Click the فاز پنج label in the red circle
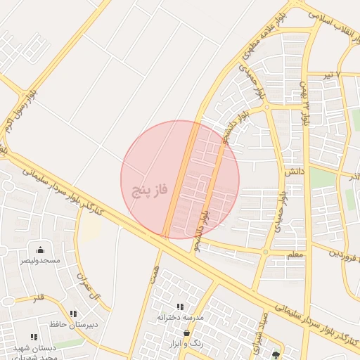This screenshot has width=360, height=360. coord(150,191)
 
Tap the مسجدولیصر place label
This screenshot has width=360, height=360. coord(40,261)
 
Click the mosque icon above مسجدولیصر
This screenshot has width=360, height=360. coord(40,250)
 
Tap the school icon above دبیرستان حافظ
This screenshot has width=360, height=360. coord(74,314)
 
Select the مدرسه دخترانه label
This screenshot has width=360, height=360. coord(180,318)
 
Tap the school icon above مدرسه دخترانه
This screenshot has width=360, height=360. coord(180,307)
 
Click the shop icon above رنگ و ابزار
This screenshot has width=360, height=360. coord(186,333)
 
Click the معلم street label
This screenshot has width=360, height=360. coord(295,254)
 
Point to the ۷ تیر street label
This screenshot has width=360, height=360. coord(347,75)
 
